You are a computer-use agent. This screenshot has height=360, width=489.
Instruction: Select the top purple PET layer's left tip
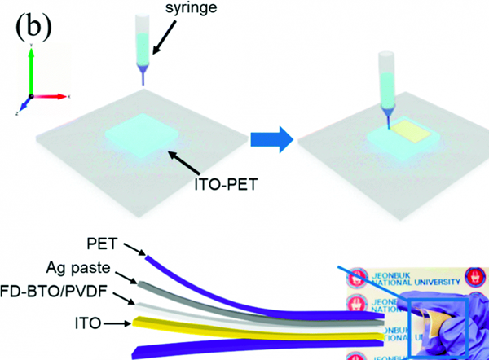point(148,260)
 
